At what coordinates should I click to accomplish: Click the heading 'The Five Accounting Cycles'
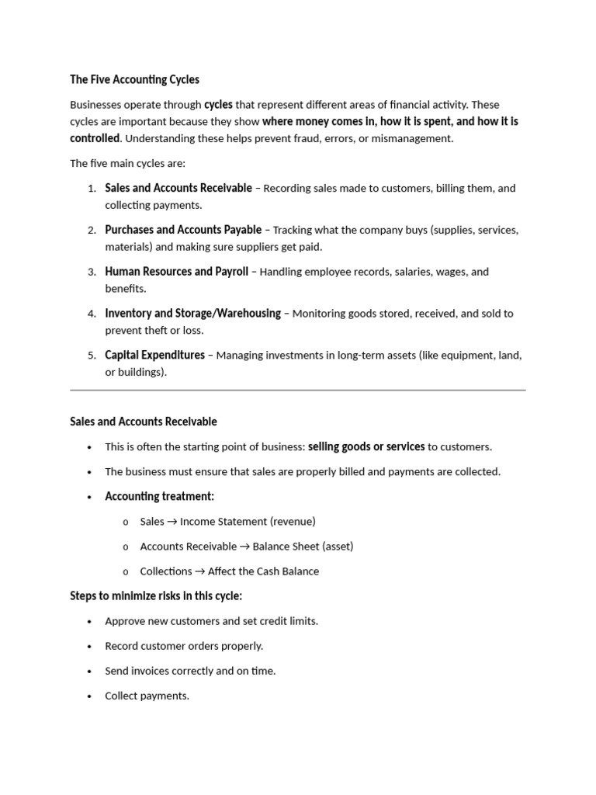coord(134,79)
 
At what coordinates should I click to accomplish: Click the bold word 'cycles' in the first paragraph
coord(218,105)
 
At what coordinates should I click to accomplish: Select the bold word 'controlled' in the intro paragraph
coord(95,138)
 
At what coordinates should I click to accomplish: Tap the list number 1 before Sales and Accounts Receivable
coord(91,189)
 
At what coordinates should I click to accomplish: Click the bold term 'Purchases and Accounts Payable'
coord(183,230)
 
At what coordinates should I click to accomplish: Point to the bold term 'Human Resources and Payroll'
coord(176,272)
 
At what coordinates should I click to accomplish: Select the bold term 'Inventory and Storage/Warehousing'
coord(192,314)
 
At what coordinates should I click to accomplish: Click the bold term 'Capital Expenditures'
coord(154,356)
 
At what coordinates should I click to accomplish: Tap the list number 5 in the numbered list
coord(91,356)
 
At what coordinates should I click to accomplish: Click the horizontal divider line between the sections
coord(298,390)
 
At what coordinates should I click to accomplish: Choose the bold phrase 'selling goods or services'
coord(366,447)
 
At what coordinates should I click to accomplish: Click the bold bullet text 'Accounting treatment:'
coord(159,497)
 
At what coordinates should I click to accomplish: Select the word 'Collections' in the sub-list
coord(166,571)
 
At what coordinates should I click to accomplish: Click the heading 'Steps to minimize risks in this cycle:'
coord(156,596)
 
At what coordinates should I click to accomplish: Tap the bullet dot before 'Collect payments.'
coord(90,696)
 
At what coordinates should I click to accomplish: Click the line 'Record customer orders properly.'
coord(184,646)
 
